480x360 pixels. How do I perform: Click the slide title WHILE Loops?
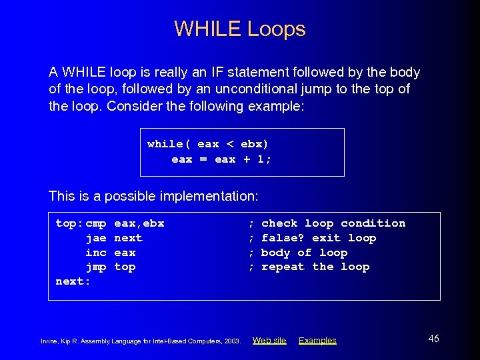240,29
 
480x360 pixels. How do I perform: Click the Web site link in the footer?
269,341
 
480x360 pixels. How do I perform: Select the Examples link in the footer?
317,341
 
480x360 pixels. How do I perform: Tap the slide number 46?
433,339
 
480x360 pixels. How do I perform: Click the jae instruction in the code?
96,238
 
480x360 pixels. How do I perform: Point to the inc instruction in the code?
96,253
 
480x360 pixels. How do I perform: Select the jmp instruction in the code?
96,267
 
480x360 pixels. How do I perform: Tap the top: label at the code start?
69,223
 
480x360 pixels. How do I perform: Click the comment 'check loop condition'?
333,223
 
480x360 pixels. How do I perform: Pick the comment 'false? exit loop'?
319,238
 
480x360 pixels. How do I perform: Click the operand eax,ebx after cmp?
139,223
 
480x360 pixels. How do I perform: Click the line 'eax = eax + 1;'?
221,159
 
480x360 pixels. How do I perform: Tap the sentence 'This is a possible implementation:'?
153,196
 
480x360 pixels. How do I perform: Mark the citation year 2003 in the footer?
231,341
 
